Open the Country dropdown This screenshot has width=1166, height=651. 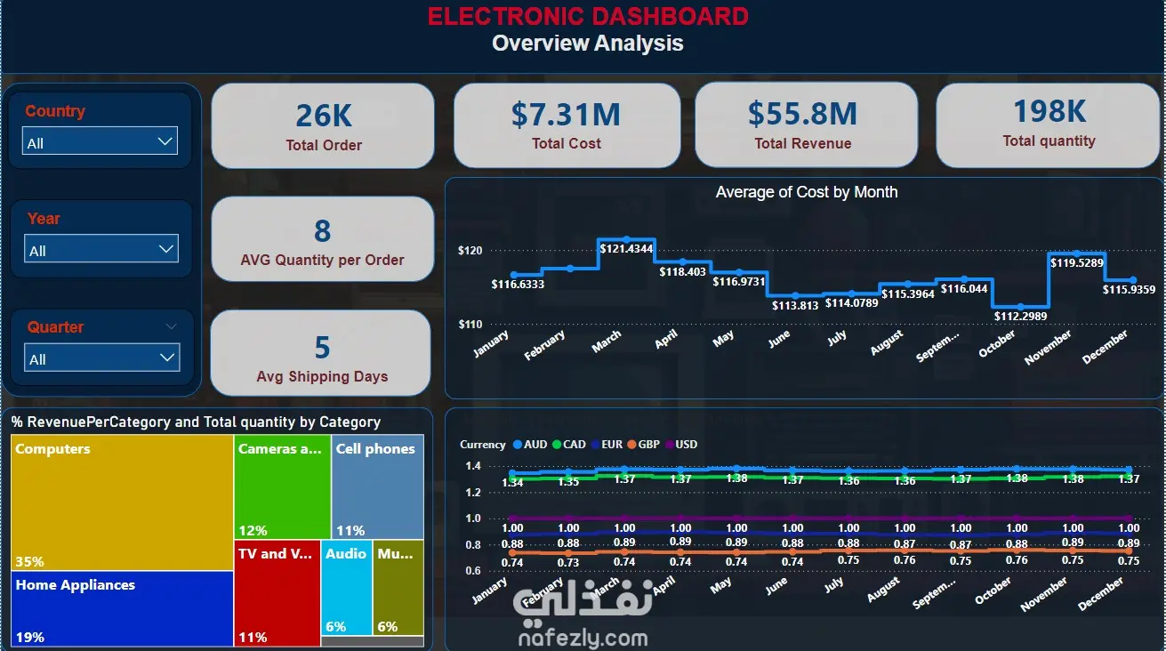click(x=100, y=141)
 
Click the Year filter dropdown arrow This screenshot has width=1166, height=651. click(x=166, y=249)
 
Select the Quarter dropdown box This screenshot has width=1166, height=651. click(x=101, y=358)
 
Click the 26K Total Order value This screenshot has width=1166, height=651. click(x=324, y=116)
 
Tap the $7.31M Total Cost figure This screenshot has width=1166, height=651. click(x=566, y=114)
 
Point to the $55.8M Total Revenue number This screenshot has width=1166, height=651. click(x=802, y=114)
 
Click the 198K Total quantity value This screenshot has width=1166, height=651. click(x=1049, y=111)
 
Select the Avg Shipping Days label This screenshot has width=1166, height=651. click(x=322, y=376)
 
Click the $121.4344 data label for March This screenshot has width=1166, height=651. click(x=626, y=248)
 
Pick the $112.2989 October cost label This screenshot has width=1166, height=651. click(x=1020, y=316)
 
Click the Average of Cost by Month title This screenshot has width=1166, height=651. click(x=806, y=192)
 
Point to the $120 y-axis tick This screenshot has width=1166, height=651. click(x=470, y=251)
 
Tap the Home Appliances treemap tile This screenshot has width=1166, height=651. click(x=123, y=609)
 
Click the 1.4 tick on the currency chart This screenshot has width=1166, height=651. click(x=472, y=466)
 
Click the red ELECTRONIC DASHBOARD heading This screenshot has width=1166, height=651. click(x=588, y=16)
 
